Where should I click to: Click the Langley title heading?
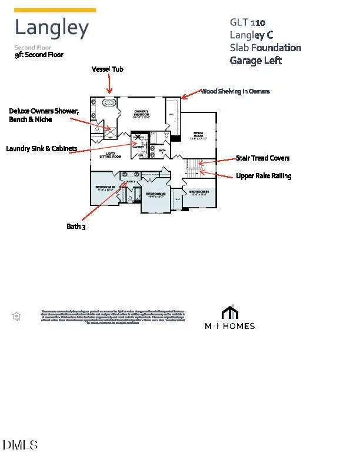pos(52,28)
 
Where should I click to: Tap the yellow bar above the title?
pos(55,10)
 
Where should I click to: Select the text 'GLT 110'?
pos(247,22)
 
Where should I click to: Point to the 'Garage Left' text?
pos(256,60)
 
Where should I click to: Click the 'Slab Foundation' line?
pos(265,48)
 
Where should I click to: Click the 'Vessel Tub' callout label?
pos(107,69)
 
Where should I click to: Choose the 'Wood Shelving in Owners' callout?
pos(235,91)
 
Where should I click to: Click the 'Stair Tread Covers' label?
pos(262,158)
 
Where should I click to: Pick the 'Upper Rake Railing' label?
pos(264,175)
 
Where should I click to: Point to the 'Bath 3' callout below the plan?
pos(76,226)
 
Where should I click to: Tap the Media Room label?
pos(198,135)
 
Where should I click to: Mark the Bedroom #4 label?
pos(199,192)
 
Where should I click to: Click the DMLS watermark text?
pos(21,445)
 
